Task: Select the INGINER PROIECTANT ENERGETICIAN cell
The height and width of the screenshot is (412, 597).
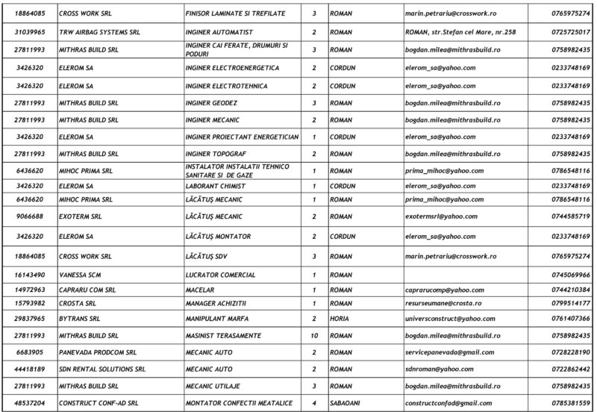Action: click(x=242, y=137)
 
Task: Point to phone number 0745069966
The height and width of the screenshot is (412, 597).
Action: click(x=571, y=275)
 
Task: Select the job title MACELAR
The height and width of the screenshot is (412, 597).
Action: click(x=201, y=290)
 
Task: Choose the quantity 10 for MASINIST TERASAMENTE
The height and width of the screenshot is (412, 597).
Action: click(x=314, y=335)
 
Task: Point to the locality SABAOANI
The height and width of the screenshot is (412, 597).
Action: click(x=346, y=404)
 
